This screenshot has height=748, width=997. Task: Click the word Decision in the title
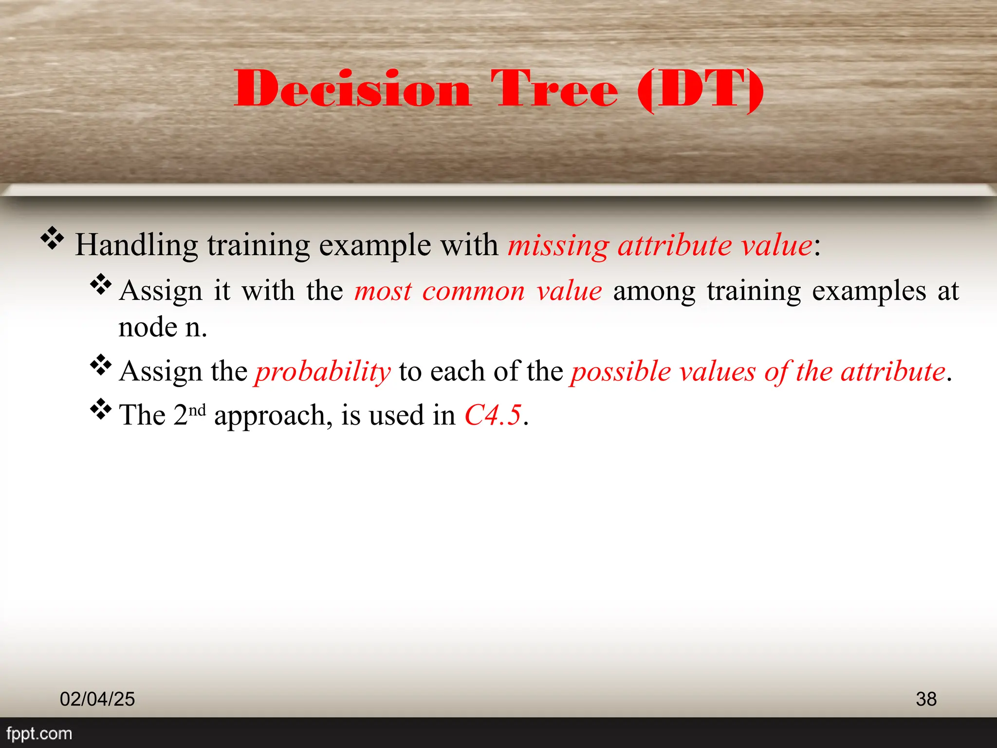tap(352, 89)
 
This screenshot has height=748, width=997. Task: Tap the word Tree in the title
tap(554, 89)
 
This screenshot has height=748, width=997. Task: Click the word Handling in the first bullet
tap(136, 245)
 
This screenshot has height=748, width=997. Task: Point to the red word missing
tap(558, 245)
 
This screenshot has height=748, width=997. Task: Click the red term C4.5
tap(493, 415)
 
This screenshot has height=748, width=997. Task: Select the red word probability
tap(323, 372)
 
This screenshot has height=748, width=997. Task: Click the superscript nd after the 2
tap(197, 410)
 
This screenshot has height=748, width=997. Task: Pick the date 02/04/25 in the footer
tap(97, 699)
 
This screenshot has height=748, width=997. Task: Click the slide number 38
tap(926, 699)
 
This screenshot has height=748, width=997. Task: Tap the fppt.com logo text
tap(39, 733)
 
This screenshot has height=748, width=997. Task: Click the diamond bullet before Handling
tap(52, 239)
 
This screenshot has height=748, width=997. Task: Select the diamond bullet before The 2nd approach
tap(101, 409)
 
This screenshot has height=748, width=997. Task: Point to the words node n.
tap(163, 327)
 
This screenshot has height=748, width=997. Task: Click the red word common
tap(473, 291)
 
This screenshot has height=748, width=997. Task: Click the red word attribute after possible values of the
tap(893, 372)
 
